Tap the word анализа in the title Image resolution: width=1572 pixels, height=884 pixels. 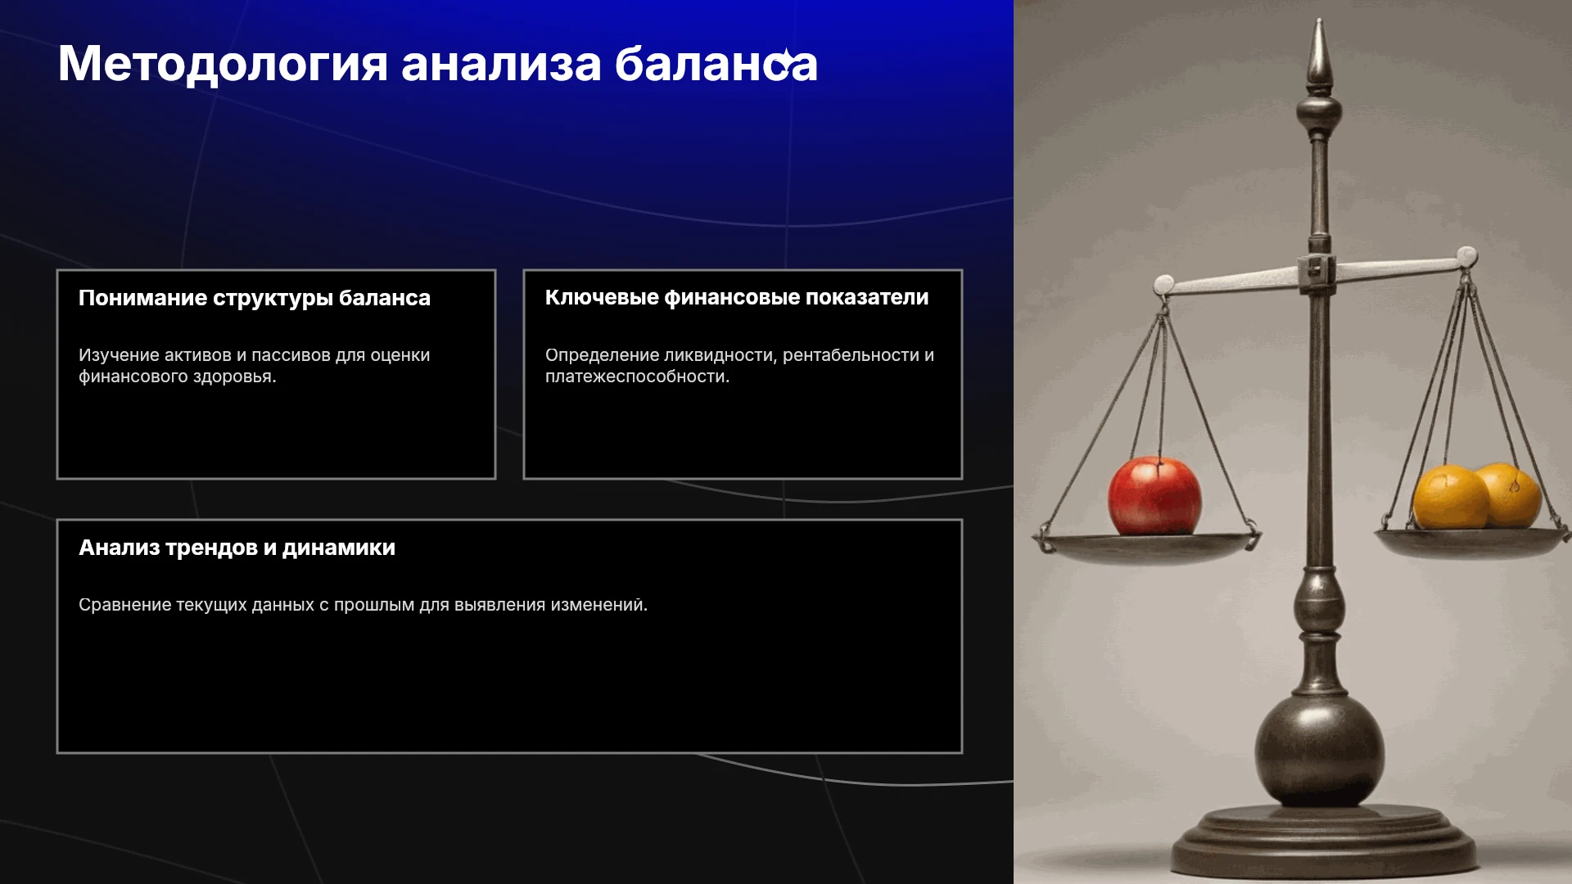(501, 65)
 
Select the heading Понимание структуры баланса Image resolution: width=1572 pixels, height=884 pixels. (255, 298)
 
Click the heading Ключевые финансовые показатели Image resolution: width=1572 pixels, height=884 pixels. (737, 297)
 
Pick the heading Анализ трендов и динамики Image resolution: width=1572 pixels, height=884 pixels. (237, 548)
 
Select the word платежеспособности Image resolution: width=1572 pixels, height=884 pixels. (637, 377)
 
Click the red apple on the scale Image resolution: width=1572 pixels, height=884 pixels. (1154, 496)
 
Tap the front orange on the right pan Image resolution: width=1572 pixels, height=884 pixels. (1451, 498)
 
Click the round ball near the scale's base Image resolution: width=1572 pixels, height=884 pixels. (1319, 751)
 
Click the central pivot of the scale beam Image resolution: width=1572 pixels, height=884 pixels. (1317, 271)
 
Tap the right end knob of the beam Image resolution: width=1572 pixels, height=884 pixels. (1466, 256)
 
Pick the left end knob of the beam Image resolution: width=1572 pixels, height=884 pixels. (1163, 285)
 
